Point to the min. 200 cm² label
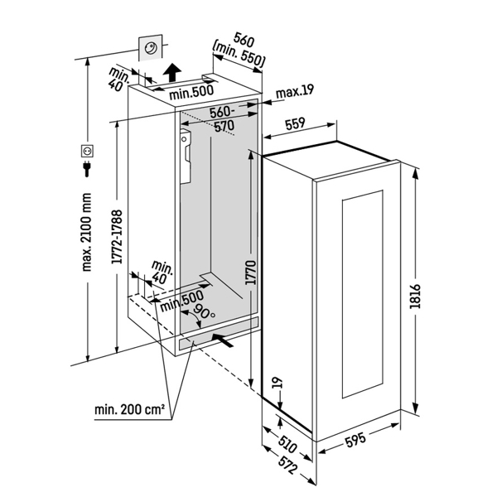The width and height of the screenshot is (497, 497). pyautogui.click(x=129, y=409)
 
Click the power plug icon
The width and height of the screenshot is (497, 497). pyautogui.click(x=84, y=170)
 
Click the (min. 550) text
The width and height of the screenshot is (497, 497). pyautogui.click(x=239, y=60)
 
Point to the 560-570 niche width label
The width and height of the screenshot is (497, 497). pyautogui.click(x=223, y=119)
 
